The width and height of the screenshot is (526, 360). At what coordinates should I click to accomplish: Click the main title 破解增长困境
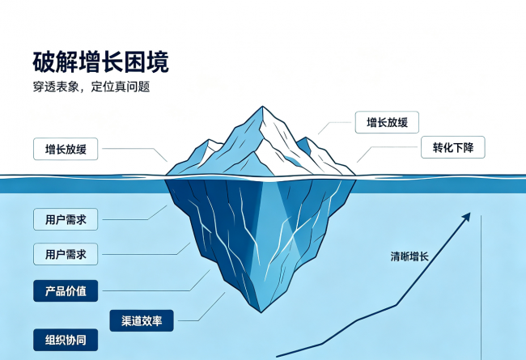point(100,61)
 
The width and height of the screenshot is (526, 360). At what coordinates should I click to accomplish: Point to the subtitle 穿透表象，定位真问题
point(91,87)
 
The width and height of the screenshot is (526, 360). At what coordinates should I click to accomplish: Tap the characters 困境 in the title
point(146,61)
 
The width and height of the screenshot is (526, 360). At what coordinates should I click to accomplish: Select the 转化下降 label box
point(453,147)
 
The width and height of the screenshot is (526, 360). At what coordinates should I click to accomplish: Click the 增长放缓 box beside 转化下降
point(387,122)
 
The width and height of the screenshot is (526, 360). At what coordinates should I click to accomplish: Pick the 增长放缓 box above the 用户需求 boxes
point(66,149)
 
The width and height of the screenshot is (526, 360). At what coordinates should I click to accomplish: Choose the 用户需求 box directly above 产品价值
point(66,254)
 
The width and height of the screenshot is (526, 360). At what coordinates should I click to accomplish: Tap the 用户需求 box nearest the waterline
point(66,219)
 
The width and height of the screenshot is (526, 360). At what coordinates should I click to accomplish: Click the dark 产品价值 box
point(66,290)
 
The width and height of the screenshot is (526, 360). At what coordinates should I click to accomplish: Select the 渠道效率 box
point(142,320)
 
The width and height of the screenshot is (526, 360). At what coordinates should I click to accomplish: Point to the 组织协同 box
point(66,340)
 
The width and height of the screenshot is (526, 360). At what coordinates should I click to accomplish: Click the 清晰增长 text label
point(409,256)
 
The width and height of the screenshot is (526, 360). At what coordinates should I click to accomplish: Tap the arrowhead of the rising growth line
point(467,216)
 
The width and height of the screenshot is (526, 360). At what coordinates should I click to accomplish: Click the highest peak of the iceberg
point(262,107)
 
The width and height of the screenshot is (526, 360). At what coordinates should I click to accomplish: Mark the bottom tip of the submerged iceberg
point(261,311)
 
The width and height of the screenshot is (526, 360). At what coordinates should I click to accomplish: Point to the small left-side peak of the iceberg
point(209,140)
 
